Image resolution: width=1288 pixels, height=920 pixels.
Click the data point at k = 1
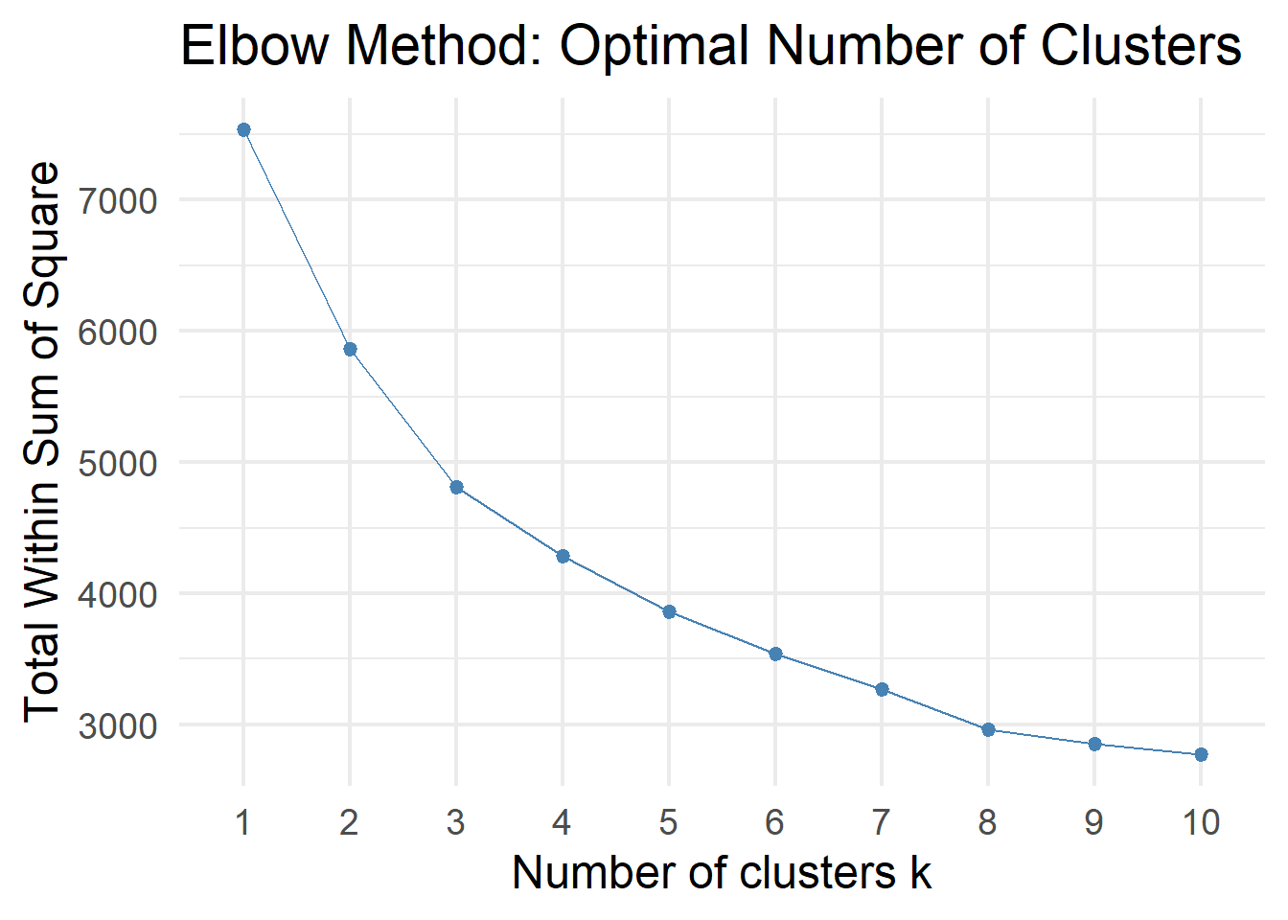tap(243, 130)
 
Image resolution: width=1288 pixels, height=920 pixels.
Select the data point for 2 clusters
tap(350, 350)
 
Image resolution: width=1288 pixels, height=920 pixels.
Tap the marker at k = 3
tap(456, 488)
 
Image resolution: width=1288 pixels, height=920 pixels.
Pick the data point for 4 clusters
tap(563, 556)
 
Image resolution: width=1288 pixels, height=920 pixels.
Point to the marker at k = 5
tap(669, 611)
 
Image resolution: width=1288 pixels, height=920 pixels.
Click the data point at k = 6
tap(775, 654)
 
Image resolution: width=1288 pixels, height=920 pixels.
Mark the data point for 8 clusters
tap(988, 730)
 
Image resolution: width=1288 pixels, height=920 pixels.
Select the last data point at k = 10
tap(1201, 754)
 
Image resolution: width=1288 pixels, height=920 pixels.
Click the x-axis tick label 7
tap(882, 822)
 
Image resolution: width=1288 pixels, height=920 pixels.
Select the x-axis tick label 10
tap(1201, 822)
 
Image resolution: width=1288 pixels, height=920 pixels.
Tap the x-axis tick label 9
tap(1093, 822)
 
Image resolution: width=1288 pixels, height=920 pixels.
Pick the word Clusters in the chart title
tap(1140, 45)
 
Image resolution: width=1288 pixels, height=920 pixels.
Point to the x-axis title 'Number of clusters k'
tap(722, 873)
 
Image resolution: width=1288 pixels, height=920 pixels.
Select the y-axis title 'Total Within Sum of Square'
tap(41, 442)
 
